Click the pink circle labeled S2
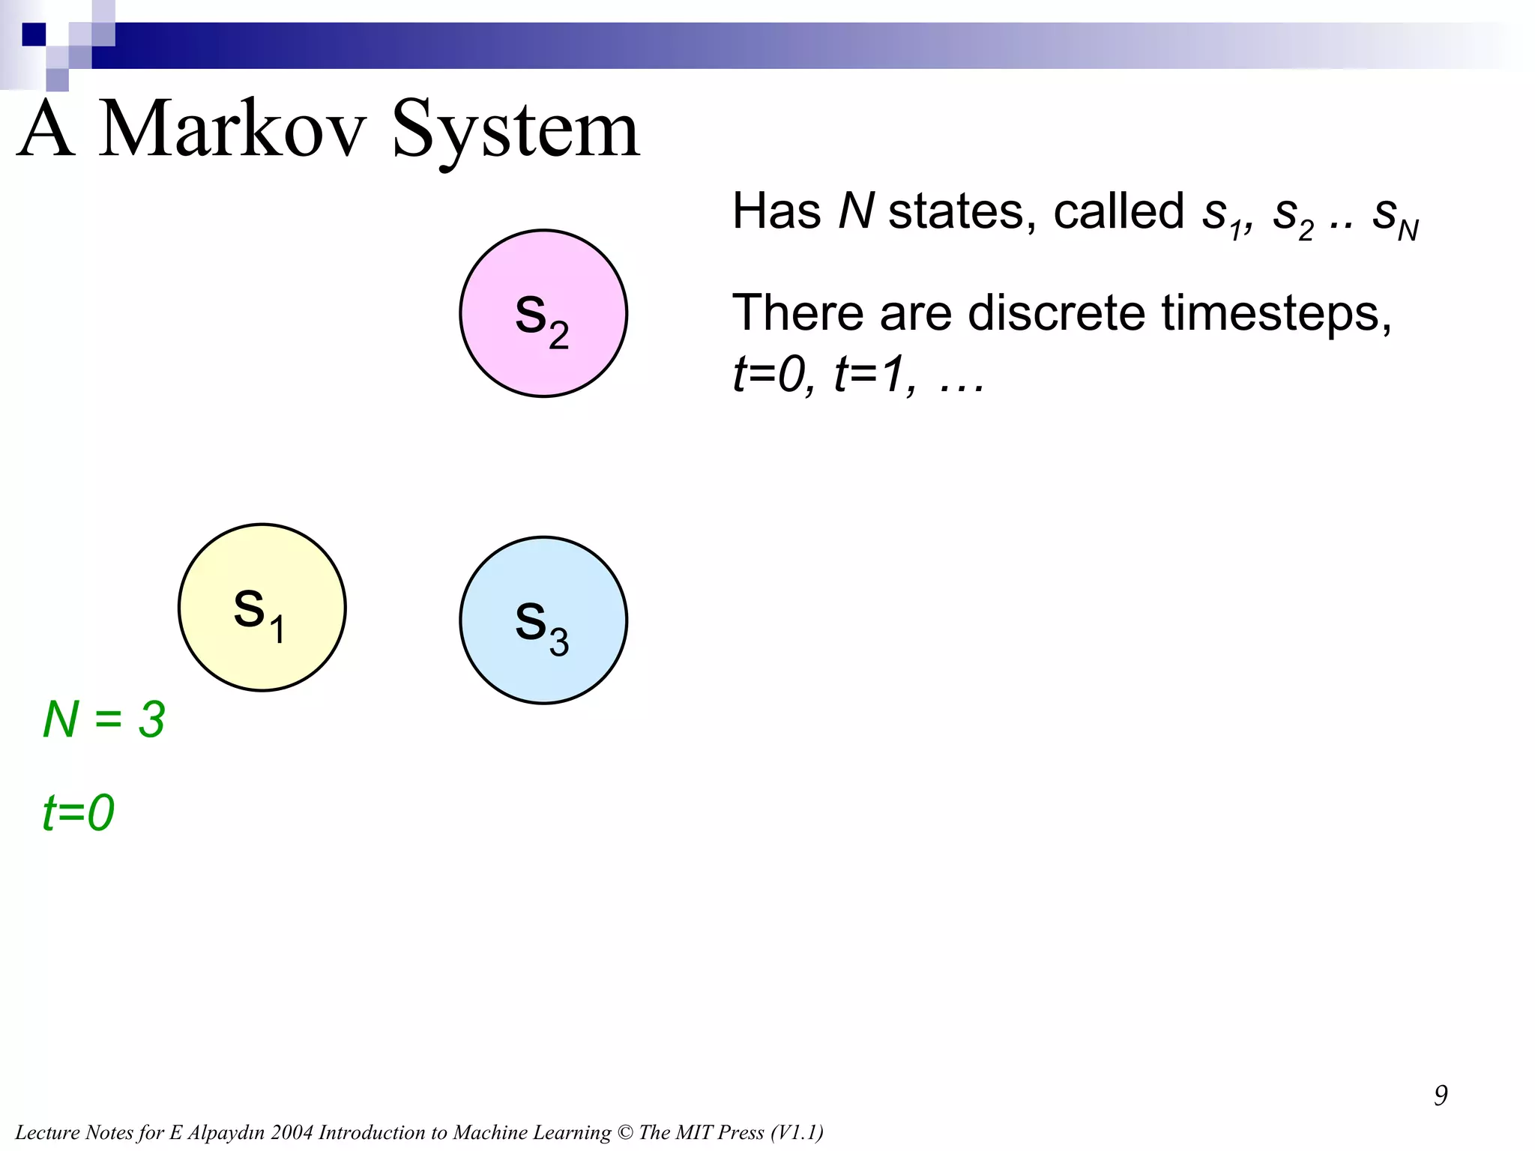click(x=543, y=313)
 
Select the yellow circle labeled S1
click(x=262, y=607)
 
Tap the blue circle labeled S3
click(x=543, y=620)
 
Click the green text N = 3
click(x=103, y=719)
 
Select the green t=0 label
click(x=78, y=812)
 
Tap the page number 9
click(x=1440, y=1096)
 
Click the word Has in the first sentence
click(x=776, y=211)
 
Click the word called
click(x=1118, y=211)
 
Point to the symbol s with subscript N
click(x=1394, y=217)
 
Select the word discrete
click(x=1056, y=312)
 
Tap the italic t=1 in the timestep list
click(x=873, y=373)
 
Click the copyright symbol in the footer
click(x=625, y=1132)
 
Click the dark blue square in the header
click(x=34, y=34)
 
